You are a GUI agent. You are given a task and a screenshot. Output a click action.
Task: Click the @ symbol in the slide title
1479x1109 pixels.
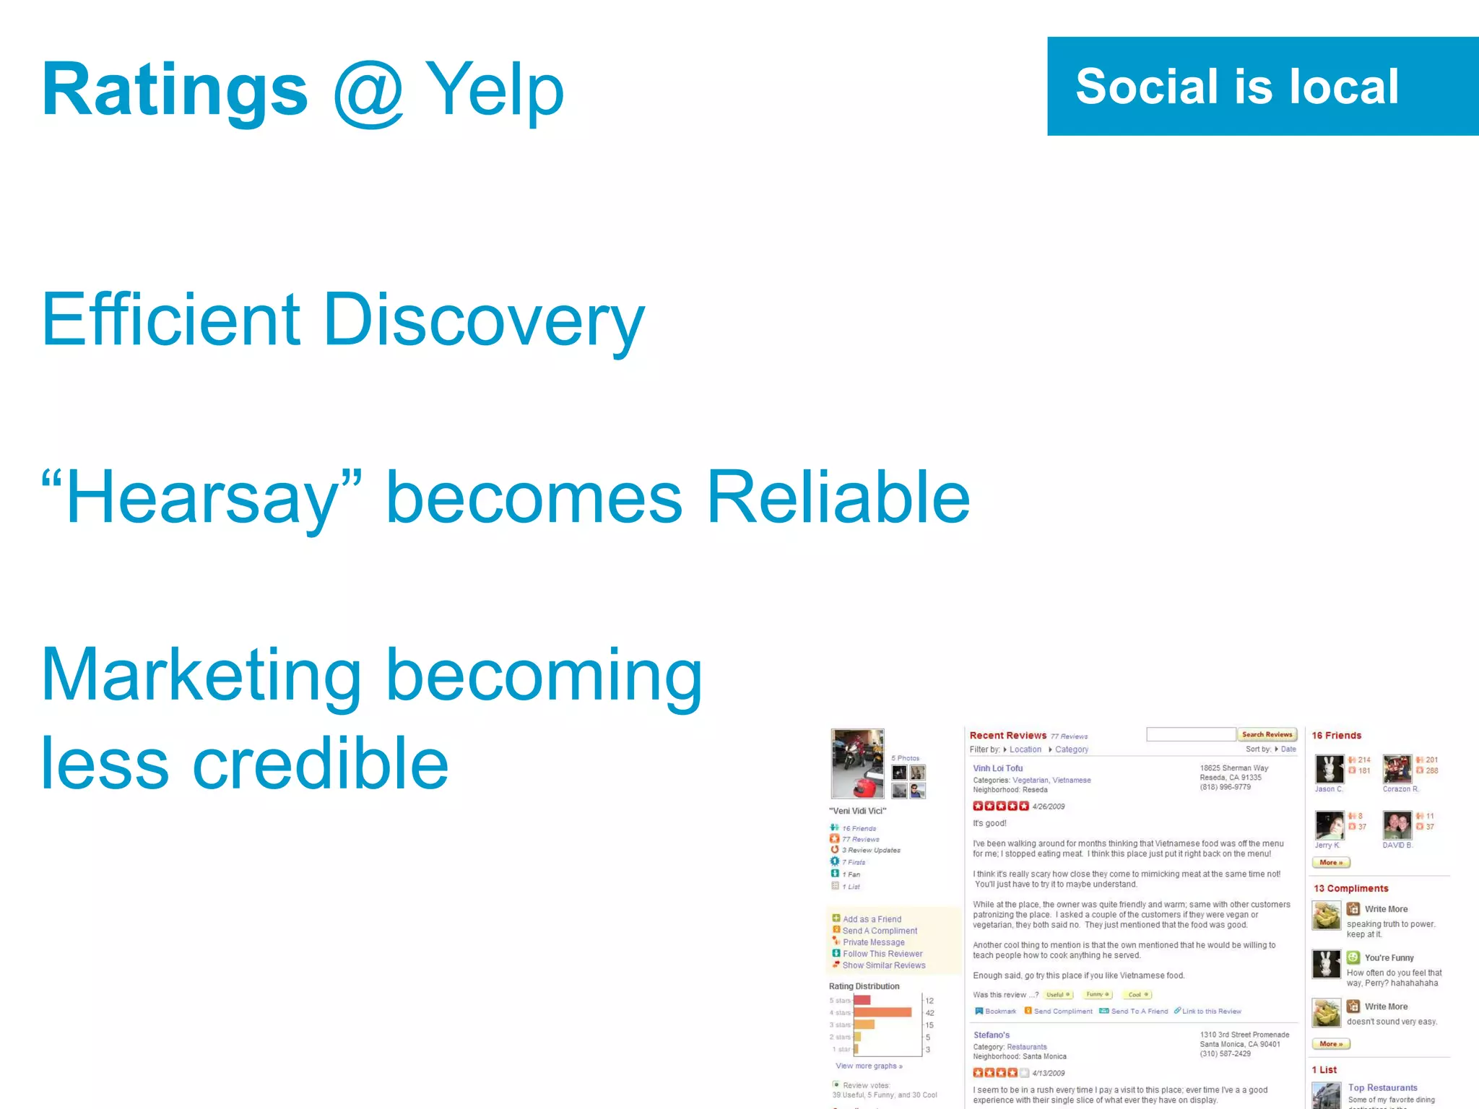click(368, 92)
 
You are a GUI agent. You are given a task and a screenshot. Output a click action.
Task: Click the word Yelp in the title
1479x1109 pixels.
click(494, 90)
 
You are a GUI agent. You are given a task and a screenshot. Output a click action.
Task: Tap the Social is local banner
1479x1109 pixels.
click(1262, 86)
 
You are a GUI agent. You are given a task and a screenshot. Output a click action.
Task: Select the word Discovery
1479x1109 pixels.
click(483, 319)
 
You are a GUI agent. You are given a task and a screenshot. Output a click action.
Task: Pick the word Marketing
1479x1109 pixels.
click(201, 674)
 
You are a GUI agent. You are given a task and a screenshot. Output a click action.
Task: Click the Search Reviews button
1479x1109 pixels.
click(1267, 734)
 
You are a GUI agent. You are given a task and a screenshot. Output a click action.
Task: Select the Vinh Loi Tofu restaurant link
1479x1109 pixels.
click(997, 768)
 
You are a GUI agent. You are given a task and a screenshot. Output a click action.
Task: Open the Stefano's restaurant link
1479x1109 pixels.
click(991, 1035)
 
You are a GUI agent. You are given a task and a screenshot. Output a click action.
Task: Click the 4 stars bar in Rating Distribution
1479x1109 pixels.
click(882, 1012)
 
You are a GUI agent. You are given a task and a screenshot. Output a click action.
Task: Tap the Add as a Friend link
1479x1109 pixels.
click(872, 919)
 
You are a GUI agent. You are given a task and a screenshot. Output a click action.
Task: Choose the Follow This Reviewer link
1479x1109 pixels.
click(882, 954)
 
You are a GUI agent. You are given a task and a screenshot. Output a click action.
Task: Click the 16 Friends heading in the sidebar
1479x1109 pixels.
click(1336, 735)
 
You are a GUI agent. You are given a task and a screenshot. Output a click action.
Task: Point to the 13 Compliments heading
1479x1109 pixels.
click(1350, 888)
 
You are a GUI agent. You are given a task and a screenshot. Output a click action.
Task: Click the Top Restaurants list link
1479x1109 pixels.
click(1382, 1087)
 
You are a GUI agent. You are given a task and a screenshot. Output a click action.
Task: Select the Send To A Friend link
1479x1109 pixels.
click(1139, 1011)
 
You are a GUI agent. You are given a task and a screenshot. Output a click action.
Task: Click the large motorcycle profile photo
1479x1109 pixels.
click(857, 763)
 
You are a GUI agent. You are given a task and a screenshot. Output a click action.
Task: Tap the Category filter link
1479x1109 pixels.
click(1071, 749)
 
